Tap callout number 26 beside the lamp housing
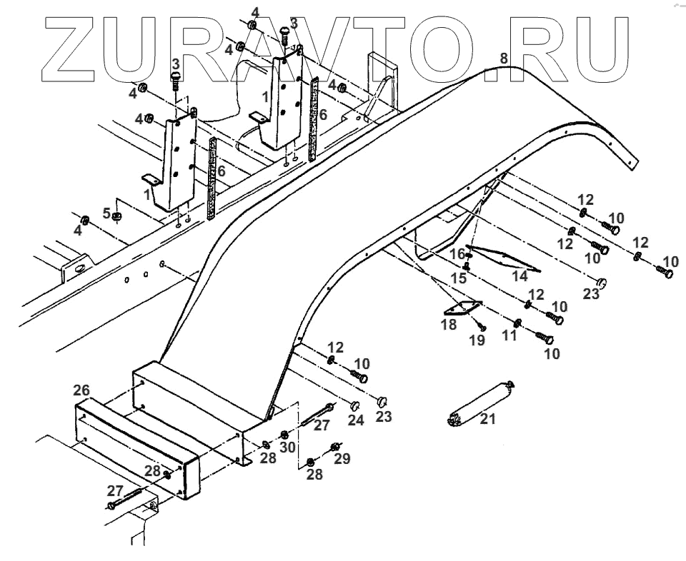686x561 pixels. click(x=81, y=390)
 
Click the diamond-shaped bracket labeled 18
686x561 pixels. click(x=462, y=308)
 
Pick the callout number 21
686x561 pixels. click(x=487, y=420)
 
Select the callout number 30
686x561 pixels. click(x=289, y=448)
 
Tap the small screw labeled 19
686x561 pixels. click(x=482, y=325)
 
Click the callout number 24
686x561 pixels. click(x=356, y=420)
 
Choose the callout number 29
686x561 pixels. click(x=342, y=459)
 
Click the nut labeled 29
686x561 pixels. click(x=334, y=448)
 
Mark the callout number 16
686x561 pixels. click(x=457, y=254)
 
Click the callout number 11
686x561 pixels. click(x=509, y=333)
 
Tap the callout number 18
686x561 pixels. click(x=449, y=326)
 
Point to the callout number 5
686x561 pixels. click(x=106, y=213)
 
